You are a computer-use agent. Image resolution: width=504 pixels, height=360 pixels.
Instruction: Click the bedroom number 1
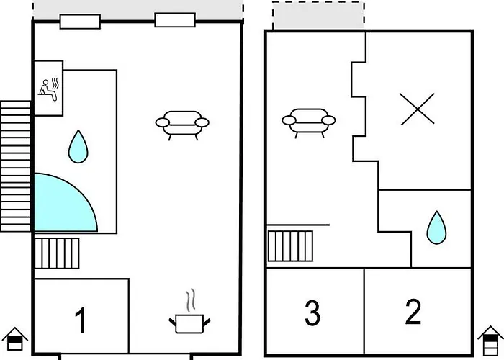[x=81, y=320]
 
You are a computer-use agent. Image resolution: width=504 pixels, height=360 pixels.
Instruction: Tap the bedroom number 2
[x=413, y=312]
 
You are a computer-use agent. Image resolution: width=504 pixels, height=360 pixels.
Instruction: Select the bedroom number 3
[x=312, y=313]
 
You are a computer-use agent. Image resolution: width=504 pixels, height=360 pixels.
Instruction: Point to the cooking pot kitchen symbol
[x=188, y=322]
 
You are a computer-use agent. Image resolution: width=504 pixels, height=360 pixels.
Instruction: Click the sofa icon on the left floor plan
[x=182, y=124]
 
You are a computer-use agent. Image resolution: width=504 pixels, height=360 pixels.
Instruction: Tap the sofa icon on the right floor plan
[x=310, y=122]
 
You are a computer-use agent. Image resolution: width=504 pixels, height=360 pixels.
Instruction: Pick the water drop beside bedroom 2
[x=436, y=227]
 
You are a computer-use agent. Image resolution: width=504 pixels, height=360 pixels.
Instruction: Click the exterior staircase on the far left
[x=16, y=166]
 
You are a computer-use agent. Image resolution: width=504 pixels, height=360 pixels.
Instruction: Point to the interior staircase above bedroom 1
[x=57, y=253]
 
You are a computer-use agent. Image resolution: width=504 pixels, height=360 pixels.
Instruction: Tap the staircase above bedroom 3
[x=291, y=245]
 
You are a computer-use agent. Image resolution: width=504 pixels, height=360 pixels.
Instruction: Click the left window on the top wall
[x=80, y=22]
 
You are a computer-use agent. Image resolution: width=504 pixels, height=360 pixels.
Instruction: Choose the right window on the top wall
[x=175, y=20]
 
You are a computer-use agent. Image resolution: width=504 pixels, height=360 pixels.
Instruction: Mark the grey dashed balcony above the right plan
[x=318, y=15]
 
